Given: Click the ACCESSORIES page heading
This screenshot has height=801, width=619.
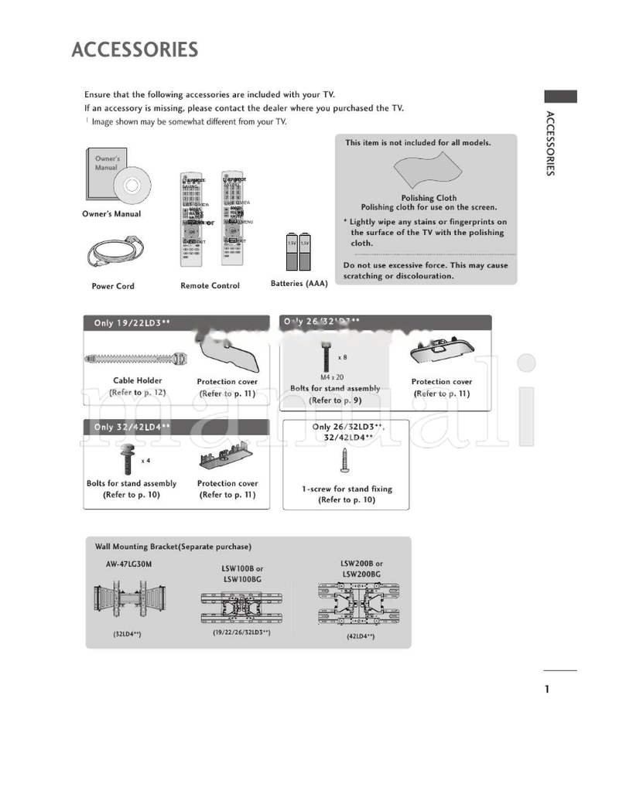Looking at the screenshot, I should point(135,50).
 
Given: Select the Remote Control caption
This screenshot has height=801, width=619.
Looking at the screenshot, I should point(210,286).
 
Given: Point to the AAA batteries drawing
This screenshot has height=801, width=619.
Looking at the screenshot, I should point(298,249).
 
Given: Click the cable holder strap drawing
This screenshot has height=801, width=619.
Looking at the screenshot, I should point(136,360).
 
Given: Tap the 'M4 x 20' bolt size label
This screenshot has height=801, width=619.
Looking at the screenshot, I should point(332,377).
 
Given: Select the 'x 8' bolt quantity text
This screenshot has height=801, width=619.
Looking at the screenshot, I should point(343,357).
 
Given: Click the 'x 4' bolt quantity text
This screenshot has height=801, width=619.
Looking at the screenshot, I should point(145,461).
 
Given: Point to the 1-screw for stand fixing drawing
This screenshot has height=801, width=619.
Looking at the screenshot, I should point(345,462).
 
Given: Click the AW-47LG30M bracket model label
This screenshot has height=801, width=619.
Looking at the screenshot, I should point(128,564).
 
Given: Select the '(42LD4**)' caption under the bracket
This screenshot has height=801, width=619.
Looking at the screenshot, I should point(361,636).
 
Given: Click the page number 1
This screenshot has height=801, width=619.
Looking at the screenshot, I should point(547,690).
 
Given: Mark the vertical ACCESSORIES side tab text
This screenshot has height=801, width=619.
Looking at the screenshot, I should point(549,144).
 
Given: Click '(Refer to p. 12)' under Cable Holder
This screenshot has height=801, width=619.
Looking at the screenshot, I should point(138,393).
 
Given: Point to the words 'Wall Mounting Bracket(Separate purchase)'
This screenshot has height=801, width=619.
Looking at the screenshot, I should point(173,547).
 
